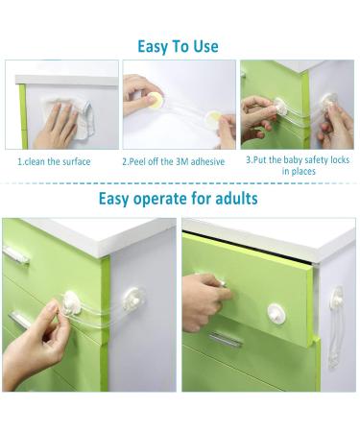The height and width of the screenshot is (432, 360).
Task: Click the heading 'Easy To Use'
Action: click(178, 46)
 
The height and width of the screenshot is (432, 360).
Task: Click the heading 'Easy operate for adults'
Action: click(179, 200)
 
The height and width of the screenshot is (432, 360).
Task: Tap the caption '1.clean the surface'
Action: click(55, 161)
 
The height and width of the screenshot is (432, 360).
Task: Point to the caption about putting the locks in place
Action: click(299, 165)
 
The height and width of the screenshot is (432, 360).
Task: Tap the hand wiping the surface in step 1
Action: click(60, 126)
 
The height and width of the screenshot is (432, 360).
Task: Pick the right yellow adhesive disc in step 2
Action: click(213, 119)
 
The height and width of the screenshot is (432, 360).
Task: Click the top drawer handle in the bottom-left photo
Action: click(16, 254)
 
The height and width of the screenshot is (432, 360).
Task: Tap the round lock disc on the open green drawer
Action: click(276, 312)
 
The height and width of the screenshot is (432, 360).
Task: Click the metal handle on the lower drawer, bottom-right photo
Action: click(226, 339)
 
